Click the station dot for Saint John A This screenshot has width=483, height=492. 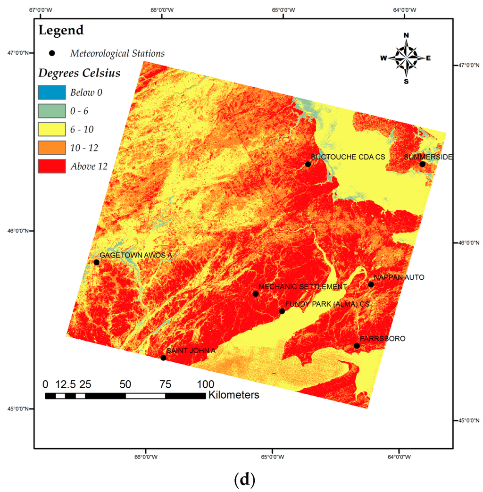click(x=163, y=358)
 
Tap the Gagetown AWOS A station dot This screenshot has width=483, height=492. click(x=97, y=262)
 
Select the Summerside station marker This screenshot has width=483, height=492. click(x=422, y=164)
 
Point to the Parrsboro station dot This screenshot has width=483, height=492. click(x=357, y=346)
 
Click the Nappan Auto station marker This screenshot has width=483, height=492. click(x=371, y=284)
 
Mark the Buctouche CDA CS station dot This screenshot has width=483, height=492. click(x=308, y=164)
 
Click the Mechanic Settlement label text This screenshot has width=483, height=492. click(x=303, y=287)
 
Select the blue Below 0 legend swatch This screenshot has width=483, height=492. click(x=51, y=92)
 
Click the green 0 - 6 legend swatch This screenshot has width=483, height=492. click(x=51, y=111)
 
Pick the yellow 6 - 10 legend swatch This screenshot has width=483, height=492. click(x=51, y=129)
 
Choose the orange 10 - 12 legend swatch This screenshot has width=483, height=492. click(x=51, y=148)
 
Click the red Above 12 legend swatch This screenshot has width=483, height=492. click(x=51, y=166)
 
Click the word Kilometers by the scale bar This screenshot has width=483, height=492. click(x=233, y=395)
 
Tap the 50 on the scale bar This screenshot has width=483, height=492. click(x=125, y=384)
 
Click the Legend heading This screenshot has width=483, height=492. click(x=61, y=31)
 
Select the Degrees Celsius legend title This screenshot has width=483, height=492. click(x=79, y=73)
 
